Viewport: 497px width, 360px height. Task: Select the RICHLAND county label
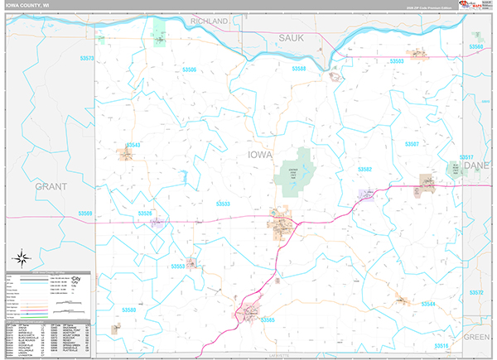coord(209,20)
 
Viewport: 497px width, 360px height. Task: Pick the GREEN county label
coord(477,338)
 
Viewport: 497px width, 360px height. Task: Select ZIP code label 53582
coord(365,169)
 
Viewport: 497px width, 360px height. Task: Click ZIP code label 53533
coord(224,203)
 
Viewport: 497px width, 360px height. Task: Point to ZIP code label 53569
coord(86,214)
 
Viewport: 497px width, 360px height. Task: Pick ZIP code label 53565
coord(268,319)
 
